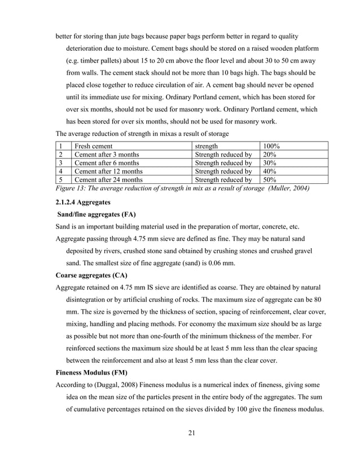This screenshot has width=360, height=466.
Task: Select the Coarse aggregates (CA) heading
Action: pos(91,276)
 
